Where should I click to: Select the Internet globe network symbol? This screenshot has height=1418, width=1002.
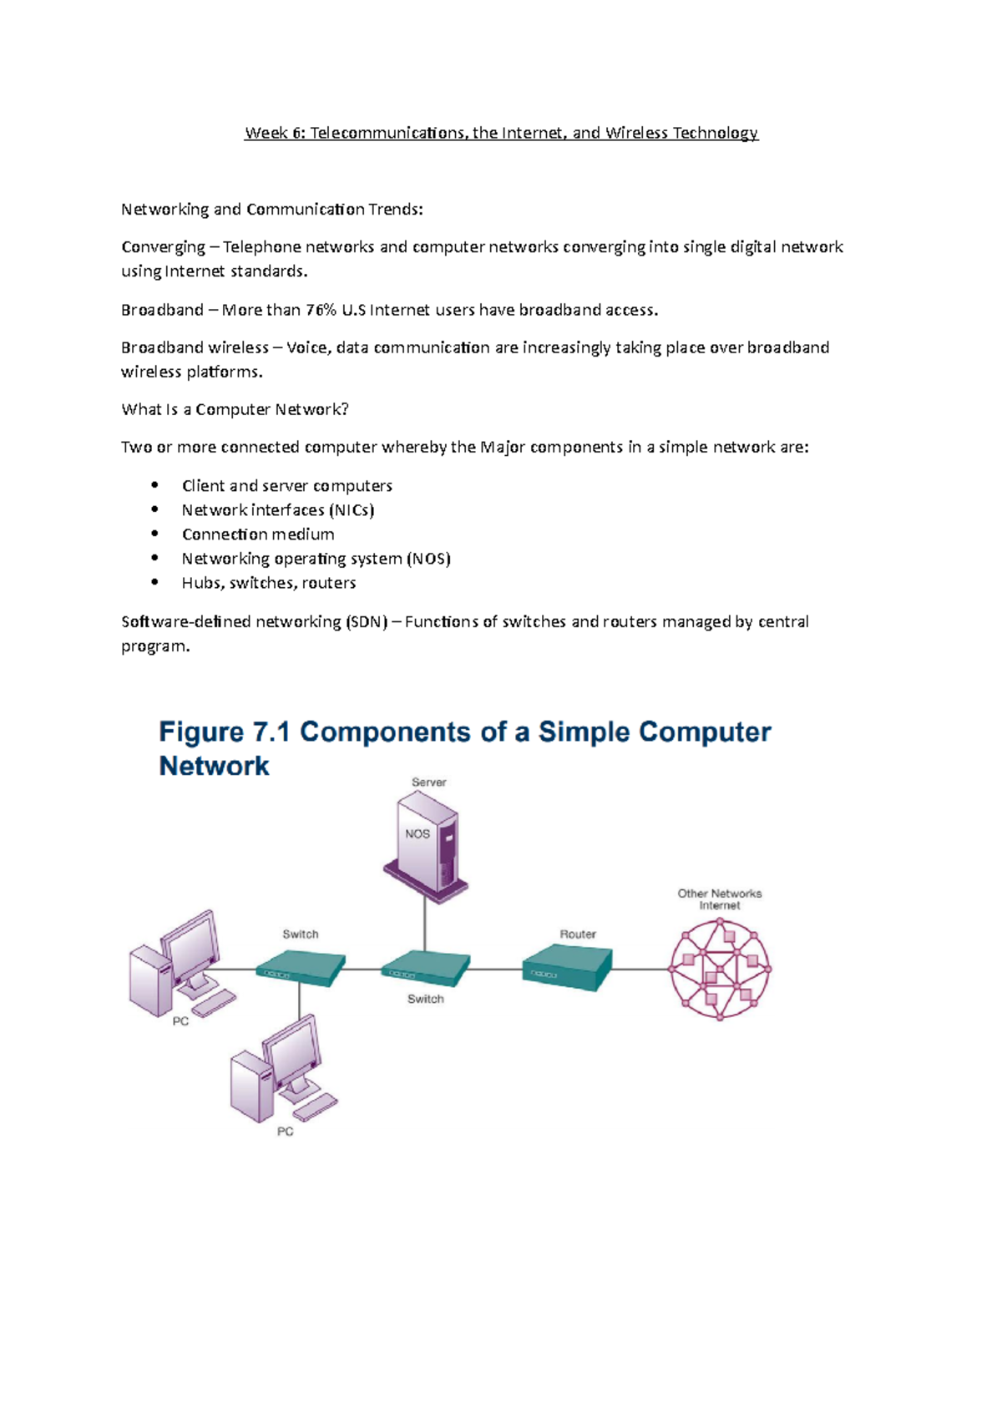720,969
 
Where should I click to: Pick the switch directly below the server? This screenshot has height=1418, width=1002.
425,969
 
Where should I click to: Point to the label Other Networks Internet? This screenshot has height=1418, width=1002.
719,899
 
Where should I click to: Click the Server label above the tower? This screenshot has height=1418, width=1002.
428,782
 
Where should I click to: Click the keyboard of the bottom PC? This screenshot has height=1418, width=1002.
316,1107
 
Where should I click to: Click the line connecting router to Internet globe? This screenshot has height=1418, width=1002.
641,969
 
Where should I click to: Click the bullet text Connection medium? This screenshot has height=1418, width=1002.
258,534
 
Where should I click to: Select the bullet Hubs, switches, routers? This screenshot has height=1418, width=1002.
269,583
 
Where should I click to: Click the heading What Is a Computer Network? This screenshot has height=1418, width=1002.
235,409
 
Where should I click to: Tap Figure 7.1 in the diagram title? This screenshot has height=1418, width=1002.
224,732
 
